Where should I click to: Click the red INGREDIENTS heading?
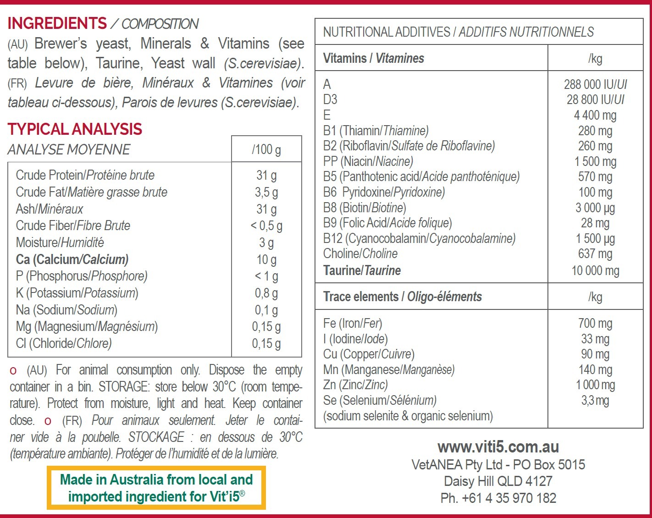point(57,23)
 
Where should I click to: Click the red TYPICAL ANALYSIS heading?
point(75,129)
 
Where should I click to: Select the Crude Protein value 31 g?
point(266,175)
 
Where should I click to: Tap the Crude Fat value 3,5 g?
point(266,192)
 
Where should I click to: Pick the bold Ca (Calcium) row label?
point(72,259)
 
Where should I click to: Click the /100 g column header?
point(266,149)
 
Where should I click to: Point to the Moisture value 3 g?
point(266,242)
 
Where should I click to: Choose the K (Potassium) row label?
point(77,293)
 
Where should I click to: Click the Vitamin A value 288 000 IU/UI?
point(595,84)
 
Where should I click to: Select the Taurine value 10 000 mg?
point(595,270)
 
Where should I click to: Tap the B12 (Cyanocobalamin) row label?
point(419,238)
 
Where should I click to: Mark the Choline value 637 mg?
point(595,253)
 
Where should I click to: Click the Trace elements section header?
point(402,297)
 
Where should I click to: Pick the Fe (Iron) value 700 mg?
point(595,324)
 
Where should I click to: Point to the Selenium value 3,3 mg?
point(595,401)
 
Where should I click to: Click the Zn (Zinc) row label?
point(355,385)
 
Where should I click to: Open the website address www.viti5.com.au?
point(498,447)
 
